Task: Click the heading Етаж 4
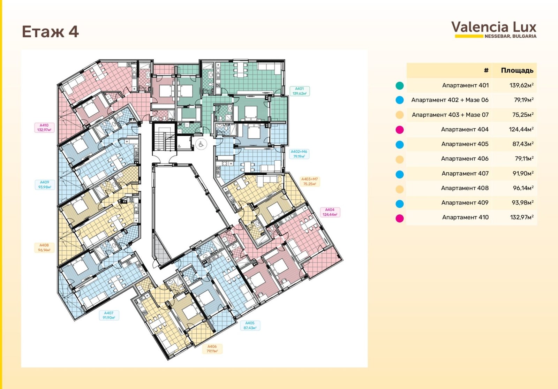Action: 50,32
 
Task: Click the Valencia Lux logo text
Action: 494,27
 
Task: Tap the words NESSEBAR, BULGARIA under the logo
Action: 511,36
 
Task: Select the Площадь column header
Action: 517,70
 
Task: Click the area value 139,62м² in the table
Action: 521,85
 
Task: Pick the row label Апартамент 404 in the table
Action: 465,130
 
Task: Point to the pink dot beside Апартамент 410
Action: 400,219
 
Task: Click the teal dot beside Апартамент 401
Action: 400,86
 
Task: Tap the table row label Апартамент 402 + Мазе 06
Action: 450,100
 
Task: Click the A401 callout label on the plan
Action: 300,91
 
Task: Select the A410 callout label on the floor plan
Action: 44,128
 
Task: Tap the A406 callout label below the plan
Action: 212,349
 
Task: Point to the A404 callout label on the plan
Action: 330,212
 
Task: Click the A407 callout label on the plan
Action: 109,315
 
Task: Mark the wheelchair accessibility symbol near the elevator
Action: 201,144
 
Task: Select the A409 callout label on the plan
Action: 45,184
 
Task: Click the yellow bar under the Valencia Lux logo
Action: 469,36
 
